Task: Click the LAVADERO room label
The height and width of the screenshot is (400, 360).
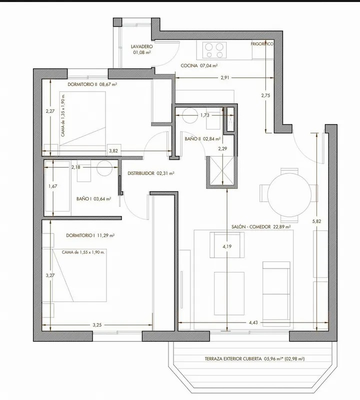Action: [x=142, y=46]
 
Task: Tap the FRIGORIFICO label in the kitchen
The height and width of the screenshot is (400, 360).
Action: [x=262, y=44]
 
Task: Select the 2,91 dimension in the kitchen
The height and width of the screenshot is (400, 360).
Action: [x=225, y=77]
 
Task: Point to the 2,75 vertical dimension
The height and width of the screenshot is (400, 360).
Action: [x=265, y=95]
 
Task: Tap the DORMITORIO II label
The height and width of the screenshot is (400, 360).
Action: [x=82, y=84]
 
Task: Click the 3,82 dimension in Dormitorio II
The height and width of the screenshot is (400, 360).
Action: [x=113, y=151]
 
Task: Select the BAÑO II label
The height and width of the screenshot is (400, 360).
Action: [x=193, y=139]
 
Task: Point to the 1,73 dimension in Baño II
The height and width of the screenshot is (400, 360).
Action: [x=204, y=115]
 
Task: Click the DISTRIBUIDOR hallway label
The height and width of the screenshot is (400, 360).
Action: [x=141, y=173]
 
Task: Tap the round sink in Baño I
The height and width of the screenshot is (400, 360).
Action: [x=105, y=168]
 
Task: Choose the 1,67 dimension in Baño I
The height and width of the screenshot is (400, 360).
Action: [x=53, y=186]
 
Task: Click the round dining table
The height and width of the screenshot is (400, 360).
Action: [x=289, y=195]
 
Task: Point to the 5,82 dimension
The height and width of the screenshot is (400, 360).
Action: [x=316, y=221]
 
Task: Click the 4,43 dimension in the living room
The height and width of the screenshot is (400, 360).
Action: [x=253, y=322]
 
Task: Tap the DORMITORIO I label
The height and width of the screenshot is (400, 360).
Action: [x=80, y=235]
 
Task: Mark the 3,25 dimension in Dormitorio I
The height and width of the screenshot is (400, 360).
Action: [x=97, y=325]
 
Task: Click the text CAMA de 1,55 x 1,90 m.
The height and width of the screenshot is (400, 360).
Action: [x=83, y=252]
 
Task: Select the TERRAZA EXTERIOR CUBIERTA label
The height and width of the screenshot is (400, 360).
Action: [x=233, y=359]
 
